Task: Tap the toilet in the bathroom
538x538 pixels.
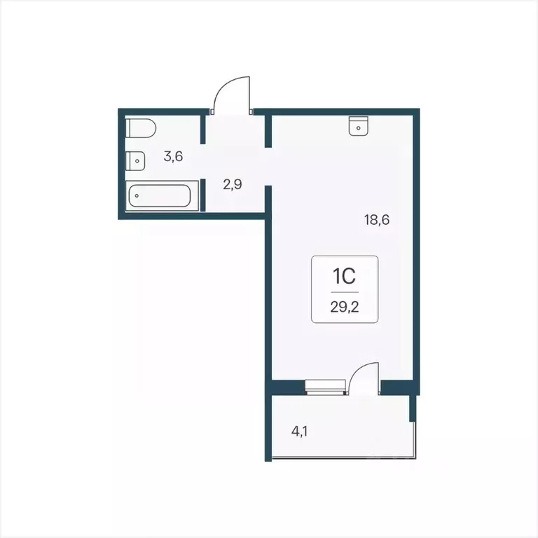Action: (x=141, y=129)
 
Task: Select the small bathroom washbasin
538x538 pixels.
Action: (x=135, y=160)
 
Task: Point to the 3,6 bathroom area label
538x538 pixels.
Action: (x=173, y=156)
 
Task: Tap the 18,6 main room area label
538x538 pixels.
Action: (x=376, y=219)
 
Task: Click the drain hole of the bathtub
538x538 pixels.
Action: (x=137, y=196)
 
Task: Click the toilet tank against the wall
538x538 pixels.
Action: (x=130, y=129)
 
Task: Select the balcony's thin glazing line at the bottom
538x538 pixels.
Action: (x=343, y=457)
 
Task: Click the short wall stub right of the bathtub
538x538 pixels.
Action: (x=202, y=195)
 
